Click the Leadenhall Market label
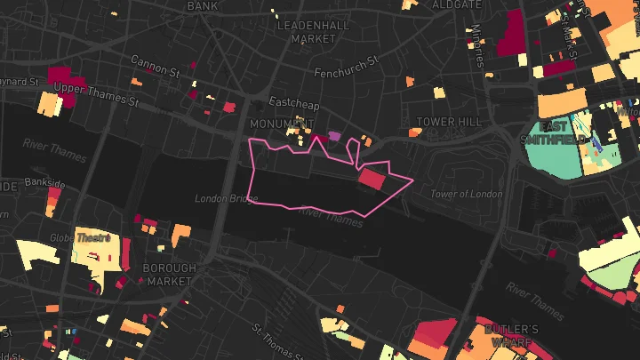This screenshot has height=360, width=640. point(307,32)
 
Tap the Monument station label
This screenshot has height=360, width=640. point(283,123)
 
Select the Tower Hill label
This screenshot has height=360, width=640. point(448,121)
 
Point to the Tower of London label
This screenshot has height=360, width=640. point(466,194)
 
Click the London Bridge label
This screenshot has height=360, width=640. point(225,197)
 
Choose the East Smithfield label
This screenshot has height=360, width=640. point(570,132)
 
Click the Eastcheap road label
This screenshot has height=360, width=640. point(286,102)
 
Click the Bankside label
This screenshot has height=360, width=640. point(45,183)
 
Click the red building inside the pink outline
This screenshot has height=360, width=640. point(372,180)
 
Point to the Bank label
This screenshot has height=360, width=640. point(203,5)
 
